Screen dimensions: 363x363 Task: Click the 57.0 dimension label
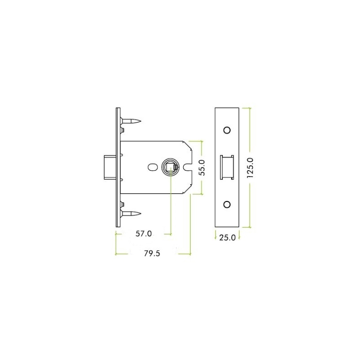coord(143,234)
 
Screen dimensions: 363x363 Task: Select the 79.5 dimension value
coord(152,254)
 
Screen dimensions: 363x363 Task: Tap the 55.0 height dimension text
coord(202,167)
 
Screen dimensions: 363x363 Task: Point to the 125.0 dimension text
coord(250,168)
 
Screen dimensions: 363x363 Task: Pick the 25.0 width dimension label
coord(227,237)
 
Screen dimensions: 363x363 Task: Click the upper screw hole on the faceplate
coord(227,130)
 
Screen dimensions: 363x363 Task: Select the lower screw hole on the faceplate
coord(227,205)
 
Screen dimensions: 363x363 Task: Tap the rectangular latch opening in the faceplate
coord(226,167)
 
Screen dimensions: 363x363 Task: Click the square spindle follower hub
coord(170,167)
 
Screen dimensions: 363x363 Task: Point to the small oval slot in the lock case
coord(152,167)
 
